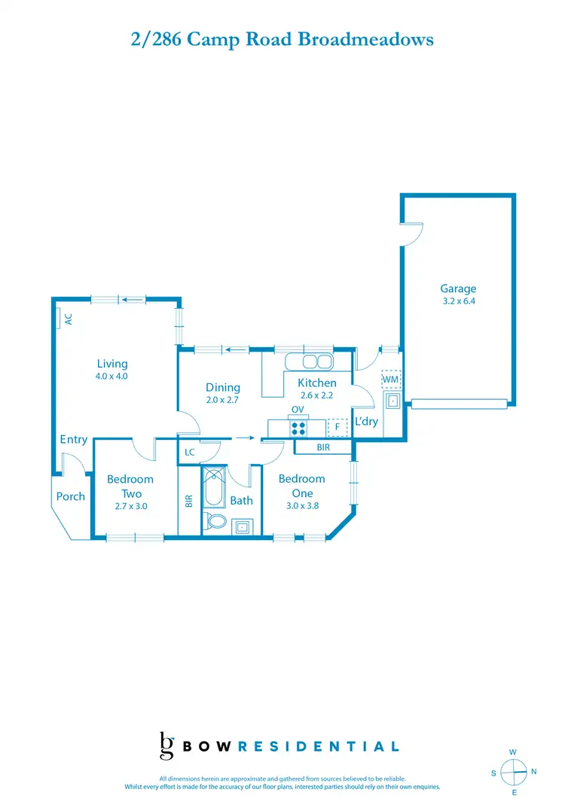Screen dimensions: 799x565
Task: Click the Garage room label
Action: click(x=458, y=288)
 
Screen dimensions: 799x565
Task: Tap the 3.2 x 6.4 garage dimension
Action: click(x=458, y=301)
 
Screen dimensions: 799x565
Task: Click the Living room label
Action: click(x=111, y=364)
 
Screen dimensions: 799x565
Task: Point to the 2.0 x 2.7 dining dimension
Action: click(x=222, y=400)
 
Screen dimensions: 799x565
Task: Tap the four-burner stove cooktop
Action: click(x=298, y=428)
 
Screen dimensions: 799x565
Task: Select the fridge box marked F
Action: click(x=337, y=428)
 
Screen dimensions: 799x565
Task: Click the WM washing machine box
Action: click(x=390, y=379)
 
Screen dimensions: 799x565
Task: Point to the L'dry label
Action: click(x=366, y=421)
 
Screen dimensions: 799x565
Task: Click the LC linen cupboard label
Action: click(x=190, y=453)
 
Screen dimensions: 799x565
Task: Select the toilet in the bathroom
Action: click(x=215, y=523)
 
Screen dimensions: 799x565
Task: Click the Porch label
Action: click(x=71, y=496)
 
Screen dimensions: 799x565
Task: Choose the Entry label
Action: click(x=73, y=439)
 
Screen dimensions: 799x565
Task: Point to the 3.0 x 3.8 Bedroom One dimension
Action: click(x=301, y=506)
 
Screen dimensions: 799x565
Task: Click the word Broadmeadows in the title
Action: click(x=366, y=39)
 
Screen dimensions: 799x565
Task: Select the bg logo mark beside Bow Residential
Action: click(x=167, y=746)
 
